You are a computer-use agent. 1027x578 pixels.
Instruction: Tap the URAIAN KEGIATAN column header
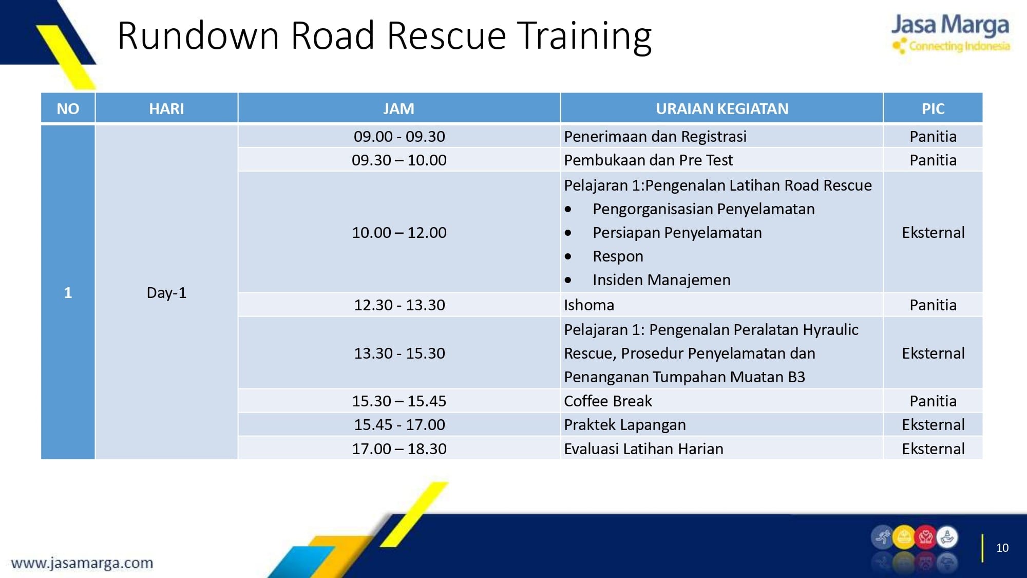point(722,109)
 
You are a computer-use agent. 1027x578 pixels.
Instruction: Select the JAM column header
point(398,109)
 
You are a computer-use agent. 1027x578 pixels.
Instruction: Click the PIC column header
point(933,109)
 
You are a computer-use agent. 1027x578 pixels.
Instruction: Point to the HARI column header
point(166,109)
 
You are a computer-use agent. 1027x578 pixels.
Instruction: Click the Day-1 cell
point(166,293)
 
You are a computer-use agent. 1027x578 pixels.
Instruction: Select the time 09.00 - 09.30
point(400,137)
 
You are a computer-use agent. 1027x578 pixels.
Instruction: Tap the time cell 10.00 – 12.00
point(400,233)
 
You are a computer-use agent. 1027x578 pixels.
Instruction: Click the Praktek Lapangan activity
point(625,425)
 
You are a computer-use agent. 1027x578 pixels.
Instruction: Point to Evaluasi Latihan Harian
point(643,449)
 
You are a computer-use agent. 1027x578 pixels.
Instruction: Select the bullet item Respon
point(618,256)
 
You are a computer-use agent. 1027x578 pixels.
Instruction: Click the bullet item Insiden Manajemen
point(661,280)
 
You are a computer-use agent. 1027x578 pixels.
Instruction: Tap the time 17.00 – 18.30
point(400,449)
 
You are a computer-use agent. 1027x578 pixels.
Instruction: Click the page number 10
point(1002,548)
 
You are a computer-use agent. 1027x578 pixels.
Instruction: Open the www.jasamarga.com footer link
point(82,563)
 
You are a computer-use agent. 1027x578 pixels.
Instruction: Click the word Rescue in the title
point(446,35)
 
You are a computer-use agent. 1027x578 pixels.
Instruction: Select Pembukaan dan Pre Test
point(648,160)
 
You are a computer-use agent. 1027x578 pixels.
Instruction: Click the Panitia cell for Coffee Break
point(933,401)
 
